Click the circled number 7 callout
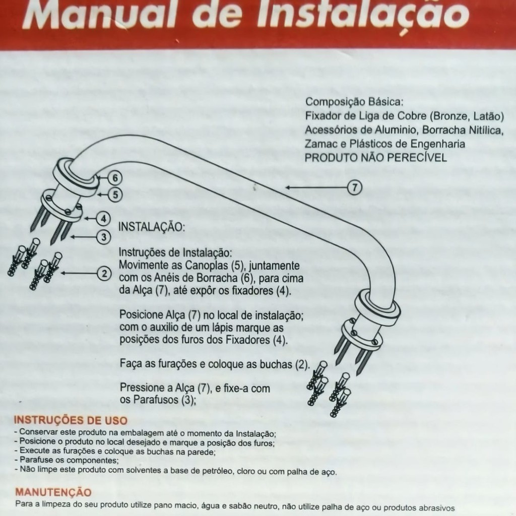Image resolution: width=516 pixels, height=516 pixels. click(x=355, y=187)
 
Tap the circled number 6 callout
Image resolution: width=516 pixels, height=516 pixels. click(x=115, y=178)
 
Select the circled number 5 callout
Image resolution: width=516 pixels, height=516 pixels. click(x=115, y=195)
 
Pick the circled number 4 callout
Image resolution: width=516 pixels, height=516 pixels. click(x=104, y=219)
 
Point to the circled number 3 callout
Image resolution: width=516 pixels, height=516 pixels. click(x=104, y=237)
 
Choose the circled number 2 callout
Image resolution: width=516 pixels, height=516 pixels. click(x=104, y=274)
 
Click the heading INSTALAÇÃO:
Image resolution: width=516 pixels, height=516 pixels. click(x=151, y=227)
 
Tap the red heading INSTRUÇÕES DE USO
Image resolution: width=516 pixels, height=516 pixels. click(x=71, y=420)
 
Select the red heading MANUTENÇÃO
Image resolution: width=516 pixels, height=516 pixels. click(x=53, y=492)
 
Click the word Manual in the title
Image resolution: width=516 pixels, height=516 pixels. click(x=99, y=15)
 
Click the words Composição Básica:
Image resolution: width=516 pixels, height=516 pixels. click(x=354, y=102)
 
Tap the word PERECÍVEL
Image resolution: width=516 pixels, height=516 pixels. click(x=417, y=157)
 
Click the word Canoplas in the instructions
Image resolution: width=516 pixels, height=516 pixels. click(x=206, y=265)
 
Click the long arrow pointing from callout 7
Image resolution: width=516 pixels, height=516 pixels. click(x=316, y=187)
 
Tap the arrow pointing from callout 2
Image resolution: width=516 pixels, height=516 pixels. click(x=79, y=273)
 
